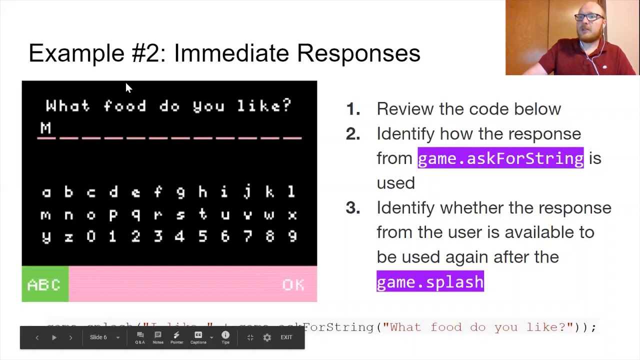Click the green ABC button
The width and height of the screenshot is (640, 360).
pyautogui.click(x=45, y=284)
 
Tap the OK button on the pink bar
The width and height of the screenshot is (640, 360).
pyautogui.click(x=293, y=284)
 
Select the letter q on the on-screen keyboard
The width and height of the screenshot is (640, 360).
pyautogui.click(x=135, y=215)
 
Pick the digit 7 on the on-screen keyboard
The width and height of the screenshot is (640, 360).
pyautogui.click(x=247, y=236)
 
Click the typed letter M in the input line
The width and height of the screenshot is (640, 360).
pyautogui.click(x=45, y=128)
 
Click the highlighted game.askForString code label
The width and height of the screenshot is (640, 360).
pyautogui.click(x=500, y=158)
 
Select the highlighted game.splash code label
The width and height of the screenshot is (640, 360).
pyautogui.click(x=430, y=282)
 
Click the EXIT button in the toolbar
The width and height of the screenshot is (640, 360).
pyautogui.click(x=286, y=337)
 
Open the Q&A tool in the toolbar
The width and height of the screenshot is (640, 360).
pyautogui.click(x=140, y=337)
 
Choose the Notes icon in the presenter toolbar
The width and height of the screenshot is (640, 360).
pyautogui.click(x=157, y=337)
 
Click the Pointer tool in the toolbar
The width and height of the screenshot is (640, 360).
pyautogui.click(x=176, y=337)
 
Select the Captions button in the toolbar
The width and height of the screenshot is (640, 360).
pyautogui.click(x=198, y=337)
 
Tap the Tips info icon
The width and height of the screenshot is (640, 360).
pyautogui.click(x=225, y=337)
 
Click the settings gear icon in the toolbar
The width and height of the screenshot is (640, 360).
pyautogui.click(x=267, y=337)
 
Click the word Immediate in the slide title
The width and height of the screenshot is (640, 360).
pyautogui.click(x=231, y=53)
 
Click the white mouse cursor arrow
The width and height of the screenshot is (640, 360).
pyautogui.click(x=128, y=88)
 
